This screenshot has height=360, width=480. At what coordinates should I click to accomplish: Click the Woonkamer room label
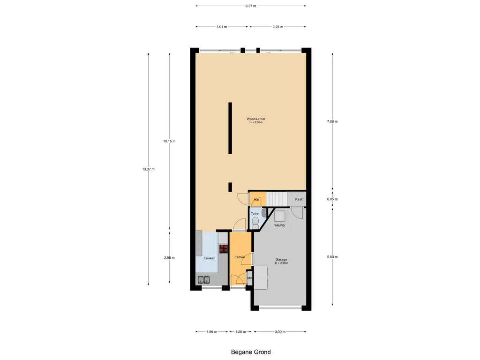click(256, 119)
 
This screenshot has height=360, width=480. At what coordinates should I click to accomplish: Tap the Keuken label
click(210, 258)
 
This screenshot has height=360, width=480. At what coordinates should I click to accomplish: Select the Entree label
click(240, 257)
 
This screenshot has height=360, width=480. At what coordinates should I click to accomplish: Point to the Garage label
click(281, 260)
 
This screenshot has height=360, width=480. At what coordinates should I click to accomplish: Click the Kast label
click(299, 199)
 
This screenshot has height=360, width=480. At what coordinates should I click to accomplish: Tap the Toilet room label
click(255, 214)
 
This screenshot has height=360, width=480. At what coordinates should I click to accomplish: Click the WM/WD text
click(279, 225)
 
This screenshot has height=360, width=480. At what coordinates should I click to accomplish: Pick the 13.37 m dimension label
click(149, 169)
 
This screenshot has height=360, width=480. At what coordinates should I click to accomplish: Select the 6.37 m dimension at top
click(251, 6)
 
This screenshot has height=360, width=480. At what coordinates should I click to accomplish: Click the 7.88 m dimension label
click(332, 121)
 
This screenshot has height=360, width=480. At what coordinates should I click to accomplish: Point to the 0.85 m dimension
click(332, 199)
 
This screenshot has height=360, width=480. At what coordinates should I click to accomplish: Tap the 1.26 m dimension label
click(240, 331)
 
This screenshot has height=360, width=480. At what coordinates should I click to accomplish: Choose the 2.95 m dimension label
click(169, 258)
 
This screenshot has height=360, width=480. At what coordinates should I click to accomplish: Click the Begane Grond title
click(251, 352)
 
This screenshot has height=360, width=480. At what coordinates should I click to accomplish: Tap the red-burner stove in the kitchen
click(224, 248)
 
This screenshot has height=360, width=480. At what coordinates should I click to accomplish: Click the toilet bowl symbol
click(255, 223)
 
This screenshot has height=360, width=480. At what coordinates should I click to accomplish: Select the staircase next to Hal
click(277, 199)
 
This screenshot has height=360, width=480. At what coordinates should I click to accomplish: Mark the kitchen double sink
click(204, 279)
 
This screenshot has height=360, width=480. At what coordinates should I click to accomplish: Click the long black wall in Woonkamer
click(230, 128)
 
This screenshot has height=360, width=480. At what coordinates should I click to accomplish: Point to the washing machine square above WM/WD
click(279, 216)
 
